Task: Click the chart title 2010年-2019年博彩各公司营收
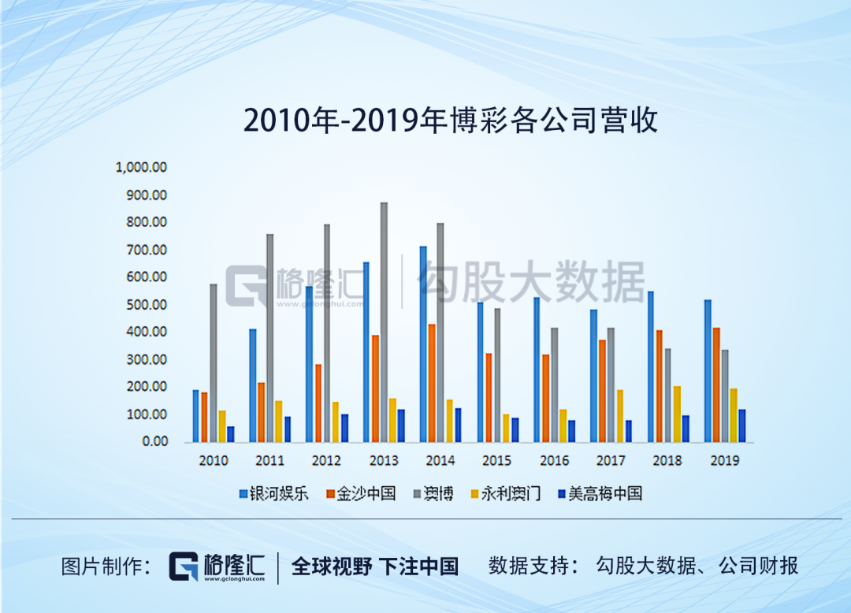pyautogui.click(x=450, y=121)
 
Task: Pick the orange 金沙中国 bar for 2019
pyautogui.click(x=715, y=385)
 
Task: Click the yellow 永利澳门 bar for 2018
pyautogui.click(x=677, y=414)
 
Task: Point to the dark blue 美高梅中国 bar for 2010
pyautogui.click(x=230, y=434)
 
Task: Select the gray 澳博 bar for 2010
pyautogui.click(x=214, y=362)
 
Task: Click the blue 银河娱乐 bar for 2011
pyautogui.click(x=252, y=385)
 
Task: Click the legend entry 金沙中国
pyautogui.click(x=359, y=495)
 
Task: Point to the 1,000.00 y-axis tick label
pyautogui.click(x=141, y=167)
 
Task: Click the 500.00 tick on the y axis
pyautogui.click(x=148, y=305)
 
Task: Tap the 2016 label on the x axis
pyautogui.click(x=554, y=461)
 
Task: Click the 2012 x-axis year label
pyautogui.click(x=327, y=461)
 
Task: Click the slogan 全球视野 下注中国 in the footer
pyautogui.click(x=375, y=566)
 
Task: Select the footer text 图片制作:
pyautogui.click(x=106, y=566)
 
